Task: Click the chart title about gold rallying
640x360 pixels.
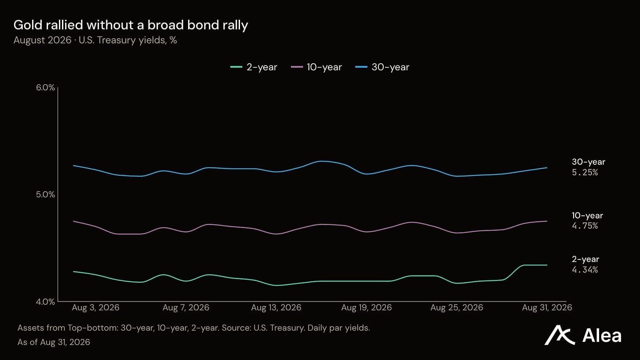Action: click(131, 25)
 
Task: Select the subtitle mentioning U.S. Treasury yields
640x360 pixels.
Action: click(95, 40)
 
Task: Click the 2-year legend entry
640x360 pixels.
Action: click(254, 67)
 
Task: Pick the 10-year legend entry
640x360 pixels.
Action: click(316, 67)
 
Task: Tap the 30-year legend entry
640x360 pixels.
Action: click(382, 67)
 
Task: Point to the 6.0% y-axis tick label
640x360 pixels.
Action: click(45, 87)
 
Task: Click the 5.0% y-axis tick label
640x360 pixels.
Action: click(45, 195)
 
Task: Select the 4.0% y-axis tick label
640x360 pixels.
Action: click(45, 302)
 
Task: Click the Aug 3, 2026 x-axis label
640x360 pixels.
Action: click(95, 308)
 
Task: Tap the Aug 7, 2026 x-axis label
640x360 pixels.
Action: click(185, 308)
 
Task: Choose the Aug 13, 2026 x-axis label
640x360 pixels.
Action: click(276, 308)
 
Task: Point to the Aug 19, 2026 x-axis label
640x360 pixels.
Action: click(366, 308)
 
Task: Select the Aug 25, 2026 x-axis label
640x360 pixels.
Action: click(457, 308)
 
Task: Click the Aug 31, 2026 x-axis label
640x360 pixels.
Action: click(547, 308)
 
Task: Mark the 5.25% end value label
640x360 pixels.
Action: click(585, 173)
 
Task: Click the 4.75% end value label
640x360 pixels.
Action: click(585, 226)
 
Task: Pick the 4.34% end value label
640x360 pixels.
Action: click(585, 270)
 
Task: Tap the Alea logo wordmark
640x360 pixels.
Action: click(601, 335)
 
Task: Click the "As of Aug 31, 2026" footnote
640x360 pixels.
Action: click(54, 342)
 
